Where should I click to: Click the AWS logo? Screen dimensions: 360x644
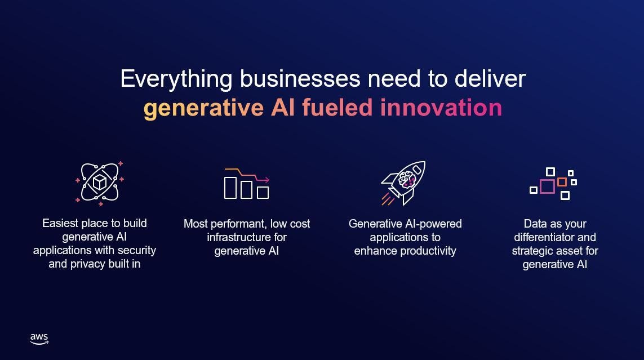point(39,338)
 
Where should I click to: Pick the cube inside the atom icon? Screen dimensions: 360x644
point(100,182)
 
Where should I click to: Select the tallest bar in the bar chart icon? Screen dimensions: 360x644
point(230,188)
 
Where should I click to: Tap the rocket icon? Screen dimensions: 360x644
point(403,181)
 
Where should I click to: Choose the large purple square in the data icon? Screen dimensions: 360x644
point(547,186)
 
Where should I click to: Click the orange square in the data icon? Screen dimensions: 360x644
point(562,182)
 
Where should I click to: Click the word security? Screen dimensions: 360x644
point(137,250)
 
